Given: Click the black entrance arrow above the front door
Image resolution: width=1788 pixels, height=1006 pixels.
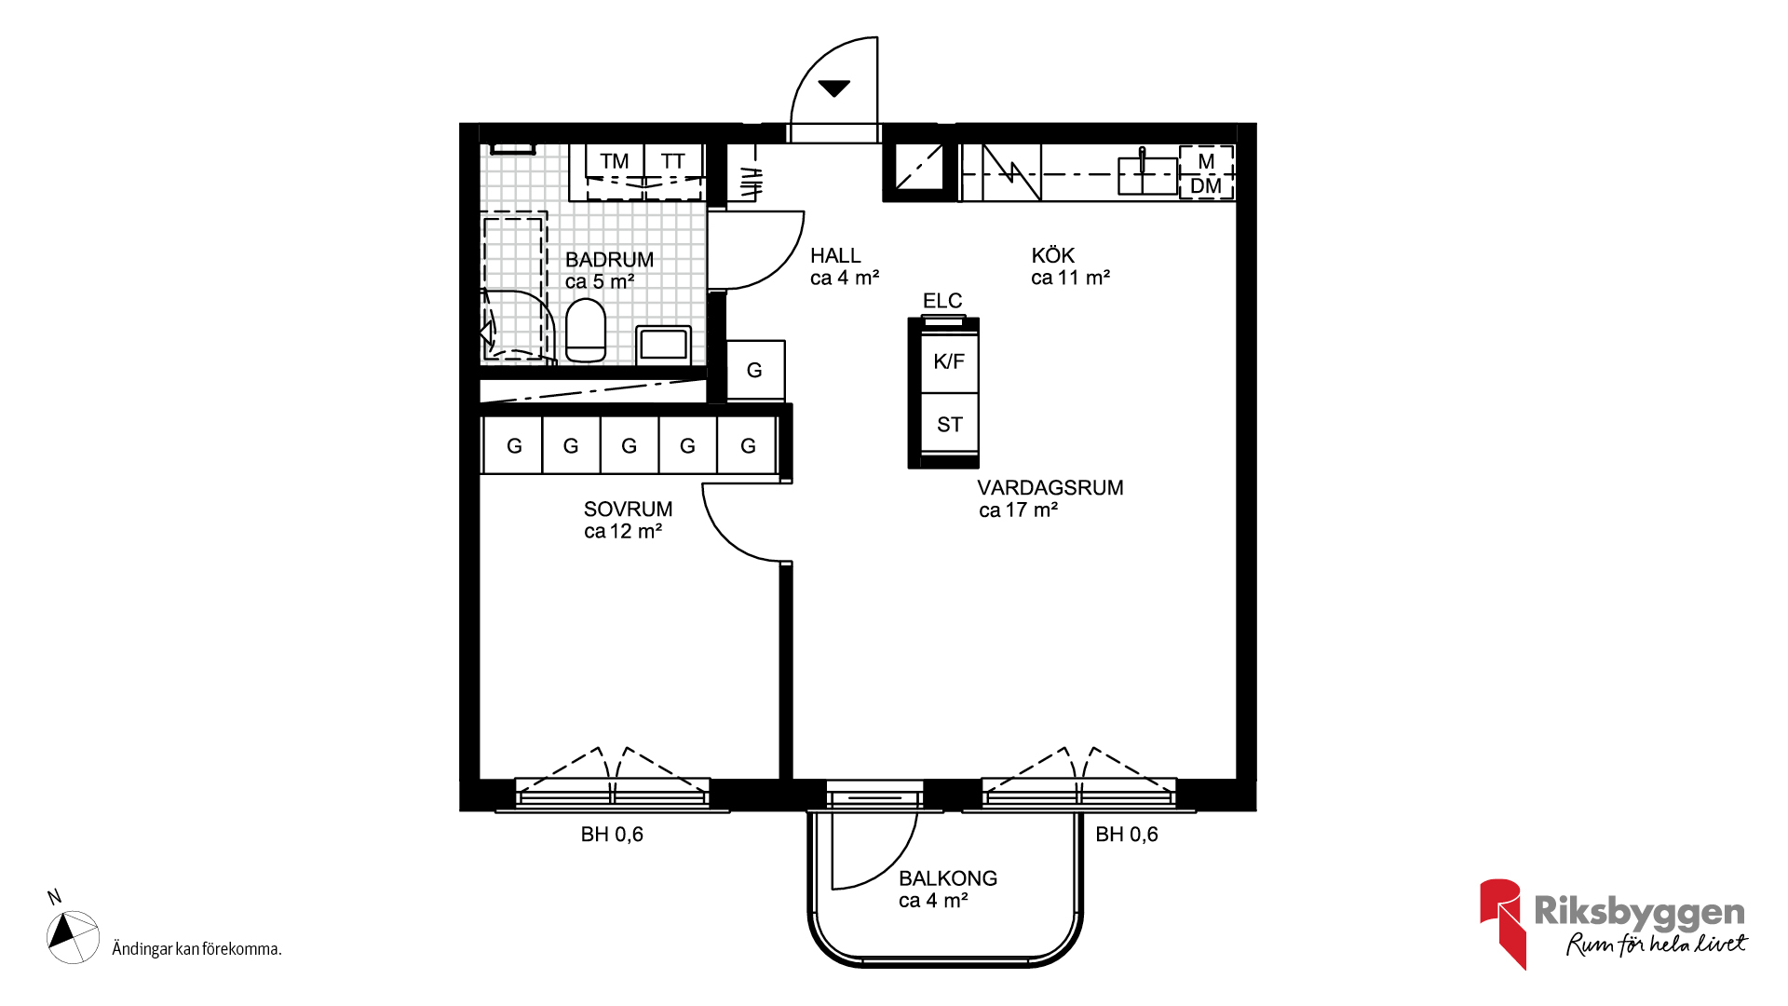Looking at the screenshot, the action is [833, 88].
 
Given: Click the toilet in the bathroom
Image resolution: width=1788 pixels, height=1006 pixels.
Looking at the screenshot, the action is [586, 330].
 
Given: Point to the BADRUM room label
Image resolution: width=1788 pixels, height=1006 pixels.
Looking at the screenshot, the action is [609, 260].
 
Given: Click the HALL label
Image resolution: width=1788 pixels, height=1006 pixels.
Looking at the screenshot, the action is [835, 255].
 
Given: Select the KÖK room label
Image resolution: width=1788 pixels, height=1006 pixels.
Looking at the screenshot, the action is [1053, 255].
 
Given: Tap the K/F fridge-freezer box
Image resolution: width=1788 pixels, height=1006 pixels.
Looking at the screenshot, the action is [949, 361].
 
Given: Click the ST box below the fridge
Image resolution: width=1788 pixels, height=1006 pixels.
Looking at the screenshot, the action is [949, 424].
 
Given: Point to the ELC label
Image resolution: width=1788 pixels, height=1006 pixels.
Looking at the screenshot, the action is [942, 301].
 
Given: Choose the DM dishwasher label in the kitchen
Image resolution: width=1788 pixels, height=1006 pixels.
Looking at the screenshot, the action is [1206, 186].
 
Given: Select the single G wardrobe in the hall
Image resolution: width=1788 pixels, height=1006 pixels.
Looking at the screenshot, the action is [755, 371].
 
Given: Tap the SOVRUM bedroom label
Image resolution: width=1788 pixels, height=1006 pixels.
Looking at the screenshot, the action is [628, 510].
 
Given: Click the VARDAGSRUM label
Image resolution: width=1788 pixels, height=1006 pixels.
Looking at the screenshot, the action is [1050, 488].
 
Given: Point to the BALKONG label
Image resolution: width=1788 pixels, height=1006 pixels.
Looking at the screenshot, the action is [948, 878].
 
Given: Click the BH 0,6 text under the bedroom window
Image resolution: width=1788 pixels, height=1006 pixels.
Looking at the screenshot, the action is [612, 835].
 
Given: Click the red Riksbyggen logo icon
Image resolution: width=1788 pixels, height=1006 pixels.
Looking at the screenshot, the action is [1501, 923].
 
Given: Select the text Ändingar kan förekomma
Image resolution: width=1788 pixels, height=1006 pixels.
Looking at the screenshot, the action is [196, 949].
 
